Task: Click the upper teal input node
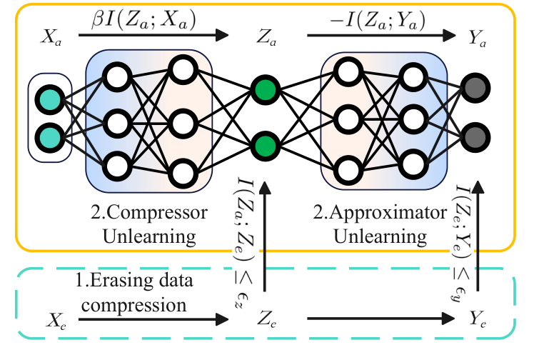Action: point(50,99)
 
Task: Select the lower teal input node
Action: point(50,136)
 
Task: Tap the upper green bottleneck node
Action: point(265,91)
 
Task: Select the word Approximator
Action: point(369,212)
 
